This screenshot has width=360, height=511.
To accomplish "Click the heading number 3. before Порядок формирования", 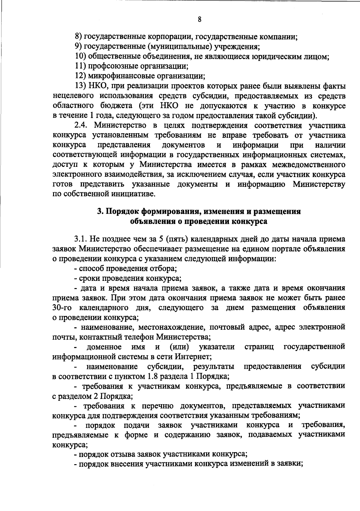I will coord(100,212).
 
